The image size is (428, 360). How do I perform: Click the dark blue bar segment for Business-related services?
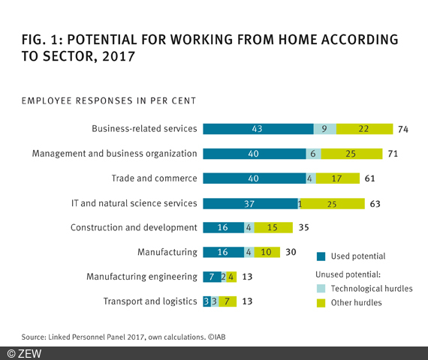[x=258, y=129]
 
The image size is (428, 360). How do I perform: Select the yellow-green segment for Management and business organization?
[x=350, y=154]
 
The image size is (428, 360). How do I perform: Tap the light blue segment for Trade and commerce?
[x=310, y=178]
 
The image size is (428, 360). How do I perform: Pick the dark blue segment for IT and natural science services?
[x=250, y=202]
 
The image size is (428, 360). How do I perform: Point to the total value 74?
[x=403, y=129]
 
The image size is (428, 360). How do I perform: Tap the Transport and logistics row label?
[x=149, y=301]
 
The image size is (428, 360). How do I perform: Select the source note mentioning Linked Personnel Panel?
[x=124, y=337]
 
